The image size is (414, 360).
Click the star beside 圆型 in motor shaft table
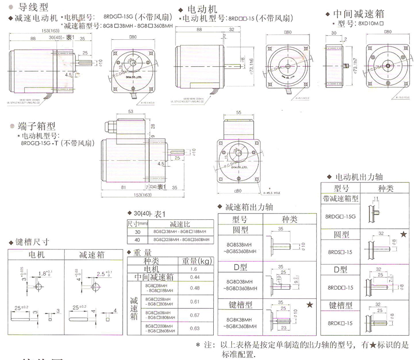[403, 235]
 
